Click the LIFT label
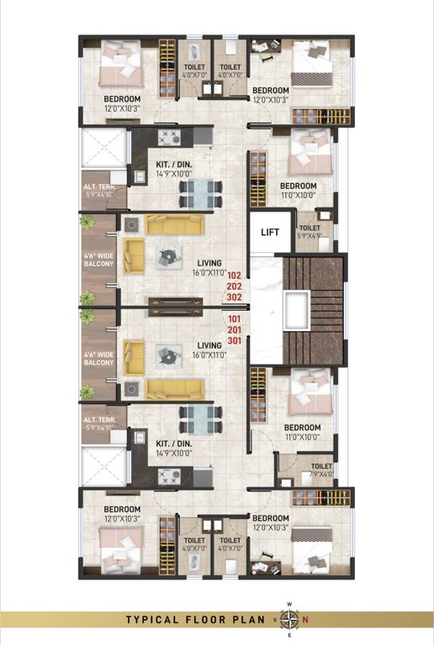(270, 233)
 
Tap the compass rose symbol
(289, 620)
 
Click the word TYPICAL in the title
(154, 620)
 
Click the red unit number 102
(234, 275)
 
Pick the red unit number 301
(234, 340)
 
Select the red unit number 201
(234, 329)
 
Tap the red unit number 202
(234, 286)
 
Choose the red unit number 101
(234, 318)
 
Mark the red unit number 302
(234, 296)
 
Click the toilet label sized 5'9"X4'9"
(310, 231)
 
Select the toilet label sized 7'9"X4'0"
(321, 470)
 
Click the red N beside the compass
(305, 620)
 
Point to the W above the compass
(289, 605)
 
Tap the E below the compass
(289, 635)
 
